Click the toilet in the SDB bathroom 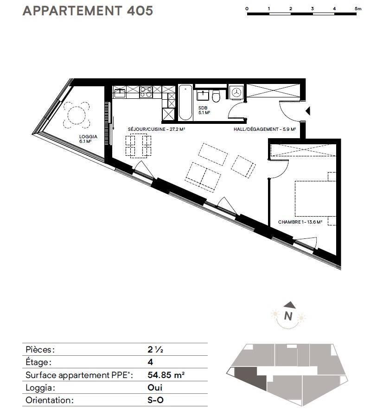(216, 96)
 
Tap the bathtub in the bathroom (185, 103)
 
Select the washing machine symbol (236, 92)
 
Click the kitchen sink (120, 93)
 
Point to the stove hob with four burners (146, 92)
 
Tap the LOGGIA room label (88, 139)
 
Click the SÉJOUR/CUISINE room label (156, 129)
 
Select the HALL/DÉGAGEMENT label (265, 129)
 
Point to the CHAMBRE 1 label (300, 222)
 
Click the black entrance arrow (308, 111)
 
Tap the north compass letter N (288, 316)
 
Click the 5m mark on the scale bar (358, 8)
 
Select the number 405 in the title (140, 11)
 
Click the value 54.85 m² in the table (166, 375)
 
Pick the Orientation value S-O (155, 400)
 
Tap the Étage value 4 (150, 362)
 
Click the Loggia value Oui (155, 387)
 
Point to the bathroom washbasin (203, 95)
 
